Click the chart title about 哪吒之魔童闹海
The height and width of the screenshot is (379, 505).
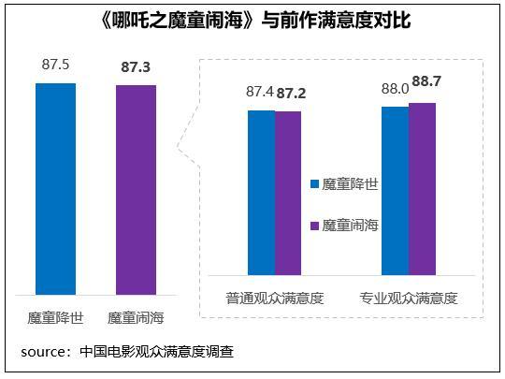coord(252,20)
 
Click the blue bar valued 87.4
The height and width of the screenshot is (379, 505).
coord(261,193)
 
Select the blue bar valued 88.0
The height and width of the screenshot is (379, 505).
coord(396,191)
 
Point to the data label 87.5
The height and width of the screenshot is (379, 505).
coord(56,66)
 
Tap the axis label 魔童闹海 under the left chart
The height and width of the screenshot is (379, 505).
coord(137,317)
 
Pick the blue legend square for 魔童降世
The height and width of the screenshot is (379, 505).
coord(314,184)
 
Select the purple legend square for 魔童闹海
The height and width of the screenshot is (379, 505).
coord(314,226)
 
